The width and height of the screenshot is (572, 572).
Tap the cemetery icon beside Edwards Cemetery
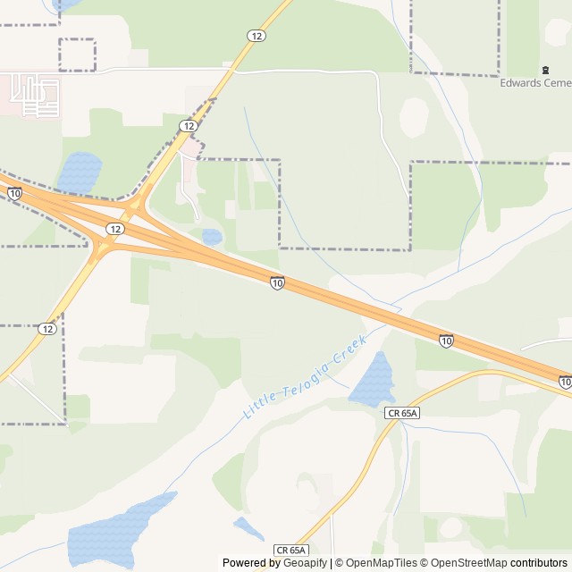click(x=545, y=70)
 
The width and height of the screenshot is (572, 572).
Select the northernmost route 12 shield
click(x=257, y=35)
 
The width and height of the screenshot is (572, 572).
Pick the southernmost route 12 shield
click(x=46, y=329)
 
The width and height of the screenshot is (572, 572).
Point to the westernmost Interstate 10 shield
click(x=15, y=192)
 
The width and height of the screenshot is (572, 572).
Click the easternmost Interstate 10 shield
click(x=565, y=382)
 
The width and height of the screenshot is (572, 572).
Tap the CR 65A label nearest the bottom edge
click(x=291, y=550)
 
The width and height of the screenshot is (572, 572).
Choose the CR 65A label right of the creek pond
click(x=404, y=413)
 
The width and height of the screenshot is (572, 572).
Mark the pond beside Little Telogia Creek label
click(x=373, y=382)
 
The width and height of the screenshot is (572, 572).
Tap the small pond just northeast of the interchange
click(x=212, y=237)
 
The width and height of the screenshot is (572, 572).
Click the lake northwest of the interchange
click(x=79, y=171)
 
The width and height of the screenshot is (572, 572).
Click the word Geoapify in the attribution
click(x=305, y=563)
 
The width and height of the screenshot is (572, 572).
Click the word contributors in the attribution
click(x=539, y=563)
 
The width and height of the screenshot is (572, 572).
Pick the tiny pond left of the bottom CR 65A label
click(x=248, y=528)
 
